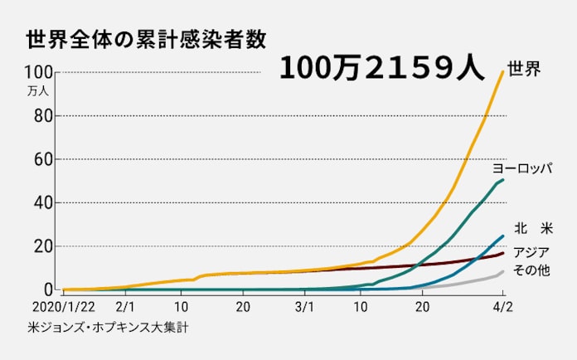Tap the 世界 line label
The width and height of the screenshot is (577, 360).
(x=523, y=68)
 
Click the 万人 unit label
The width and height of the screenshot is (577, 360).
(x=38, y=89)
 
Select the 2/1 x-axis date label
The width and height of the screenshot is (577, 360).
(x=126, y=307)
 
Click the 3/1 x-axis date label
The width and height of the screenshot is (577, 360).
(x=303, y=307)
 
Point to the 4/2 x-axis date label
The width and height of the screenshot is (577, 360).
(x=502, y=307)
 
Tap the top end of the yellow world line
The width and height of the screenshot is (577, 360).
(x=503, y=71)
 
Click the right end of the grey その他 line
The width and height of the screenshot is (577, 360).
(x=503, y=271)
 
